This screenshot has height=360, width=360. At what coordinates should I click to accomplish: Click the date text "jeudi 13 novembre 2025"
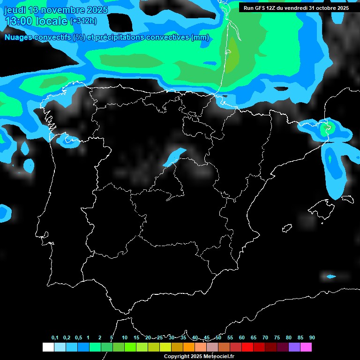click(x=56, y=10)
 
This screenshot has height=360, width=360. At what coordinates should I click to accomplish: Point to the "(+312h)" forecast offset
click(x=83, y=21)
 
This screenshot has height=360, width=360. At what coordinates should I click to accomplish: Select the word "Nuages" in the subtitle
click(x=18, y=37)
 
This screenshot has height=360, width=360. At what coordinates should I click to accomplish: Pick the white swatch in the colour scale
click(x=48, y=347)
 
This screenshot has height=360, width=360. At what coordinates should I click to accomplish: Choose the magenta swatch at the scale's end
click(x=306, y=347)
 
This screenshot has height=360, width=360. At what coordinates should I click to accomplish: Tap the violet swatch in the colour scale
click(x=294, y=347)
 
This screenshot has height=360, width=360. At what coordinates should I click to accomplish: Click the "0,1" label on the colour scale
click(x=55, y=338)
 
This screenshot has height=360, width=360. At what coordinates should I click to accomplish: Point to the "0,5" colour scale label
click(x=78, y=338)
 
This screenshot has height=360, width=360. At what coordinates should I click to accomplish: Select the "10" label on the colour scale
click(x=125, y=338)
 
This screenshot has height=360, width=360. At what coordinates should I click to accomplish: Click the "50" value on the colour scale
click(x=218, y=338)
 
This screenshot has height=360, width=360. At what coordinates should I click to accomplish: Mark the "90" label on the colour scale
click(x=312, y=338)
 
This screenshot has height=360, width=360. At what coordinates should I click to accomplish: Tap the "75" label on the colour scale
click(x=277, y=338)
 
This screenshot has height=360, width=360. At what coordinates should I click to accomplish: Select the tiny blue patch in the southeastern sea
click(x=331, y=277)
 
